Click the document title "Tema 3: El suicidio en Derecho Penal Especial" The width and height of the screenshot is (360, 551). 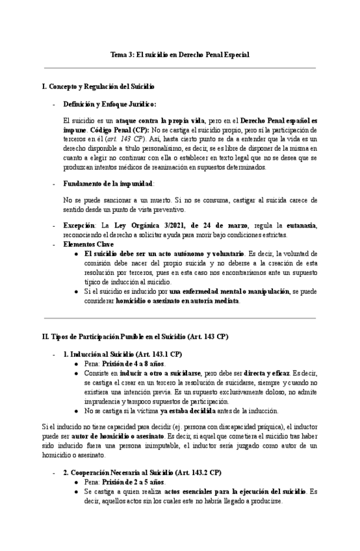[179, 55]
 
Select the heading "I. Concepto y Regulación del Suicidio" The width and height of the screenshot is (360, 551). [97, 86]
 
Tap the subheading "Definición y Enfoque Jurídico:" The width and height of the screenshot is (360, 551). [109, 104]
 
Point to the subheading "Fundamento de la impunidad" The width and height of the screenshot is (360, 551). [107, 184]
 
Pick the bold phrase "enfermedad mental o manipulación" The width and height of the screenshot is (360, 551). [229, 292]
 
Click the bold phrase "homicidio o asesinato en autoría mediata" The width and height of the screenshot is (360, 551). [177, 301]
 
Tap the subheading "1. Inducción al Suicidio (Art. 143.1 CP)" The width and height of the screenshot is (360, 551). [122, 354]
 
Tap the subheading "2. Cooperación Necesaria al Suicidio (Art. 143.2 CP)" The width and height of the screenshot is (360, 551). [142, 473]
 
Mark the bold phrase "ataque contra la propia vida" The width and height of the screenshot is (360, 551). [164, 121]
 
